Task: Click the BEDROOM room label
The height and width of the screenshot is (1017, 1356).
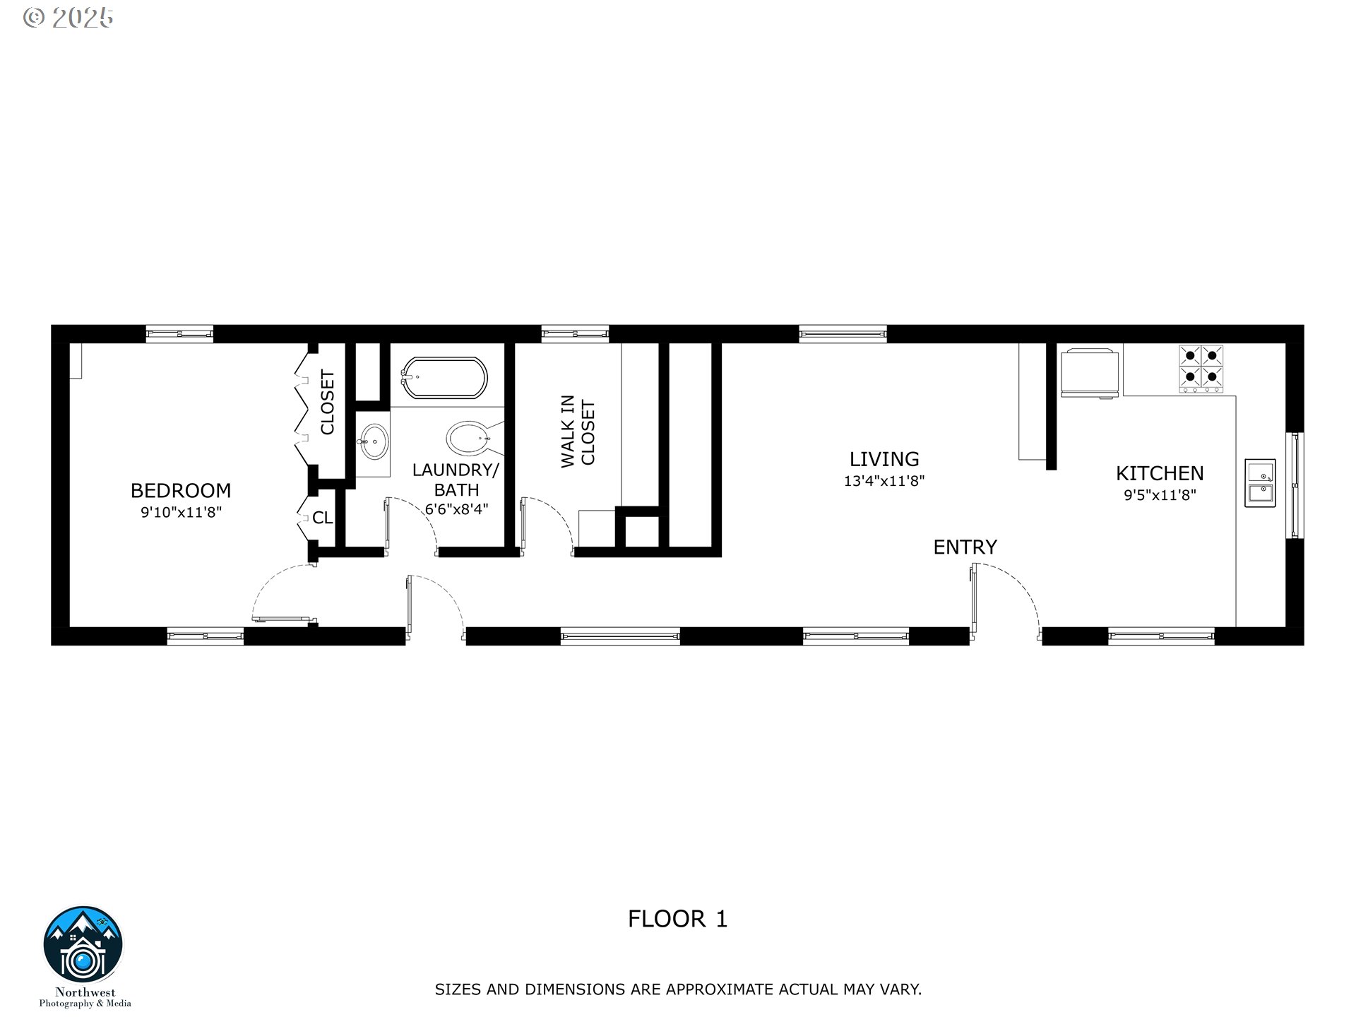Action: pyautogui.click(x=181, y=490)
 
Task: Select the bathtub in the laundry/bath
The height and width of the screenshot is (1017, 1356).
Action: pyautogui.click(x=444, y=378)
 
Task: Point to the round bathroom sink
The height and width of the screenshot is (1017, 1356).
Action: pyautogui.click(x=372, y=442)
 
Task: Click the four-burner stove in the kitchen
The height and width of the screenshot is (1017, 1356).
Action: pyautogui.click(x=1201, y=367)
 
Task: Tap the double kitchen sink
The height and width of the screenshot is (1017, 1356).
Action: pyautogui.click(x=1260, y=482)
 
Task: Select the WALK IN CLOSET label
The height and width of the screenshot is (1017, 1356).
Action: pyautogui.click(x=578, y=432)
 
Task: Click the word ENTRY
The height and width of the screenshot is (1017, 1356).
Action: pyautogui.click(x=965, y=547)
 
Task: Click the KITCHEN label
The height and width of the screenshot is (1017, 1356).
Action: pyautogui.click(x=1160, y=473)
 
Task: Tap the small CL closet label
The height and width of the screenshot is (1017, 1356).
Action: pyautogui.click(x=323, y=518)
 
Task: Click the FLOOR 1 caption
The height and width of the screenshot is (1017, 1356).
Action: pyautogui.click(x=677, y=919)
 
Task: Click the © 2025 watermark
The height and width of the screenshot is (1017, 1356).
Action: pyautogui.click(x=69, y=18)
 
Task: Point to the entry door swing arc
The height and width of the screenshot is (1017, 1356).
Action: pyautogui.click(x=1017, y=590)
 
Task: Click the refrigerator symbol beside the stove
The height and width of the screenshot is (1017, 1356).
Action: pyautogui.click(x=1090, y=372)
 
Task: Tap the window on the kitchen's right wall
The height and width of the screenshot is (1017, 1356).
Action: pyautogui.click(x=1295, y=485)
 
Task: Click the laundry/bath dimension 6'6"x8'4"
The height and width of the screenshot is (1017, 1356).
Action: pyautogui.click(x=456, y=509)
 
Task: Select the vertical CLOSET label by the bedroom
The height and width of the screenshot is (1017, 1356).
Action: pyautogui.click(x=327, y=403)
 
